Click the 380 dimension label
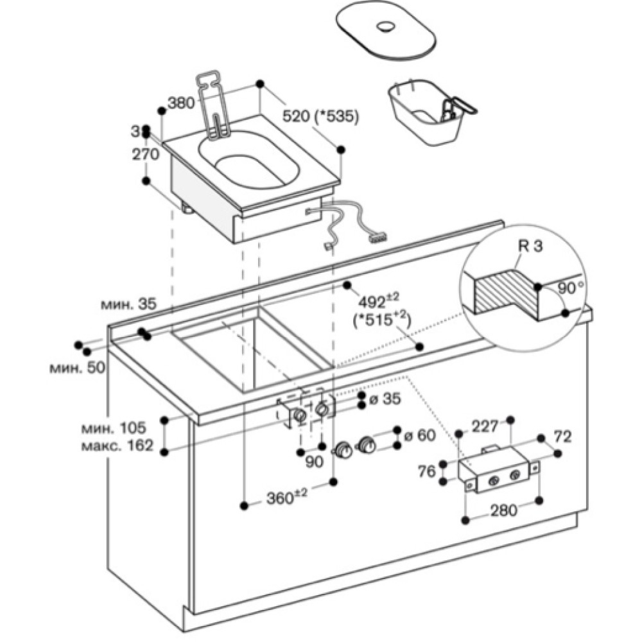point(180,103)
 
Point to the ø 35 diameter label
point(385,399)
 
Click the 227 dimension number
point(485,426)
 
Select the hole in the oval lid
point(386,27)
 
